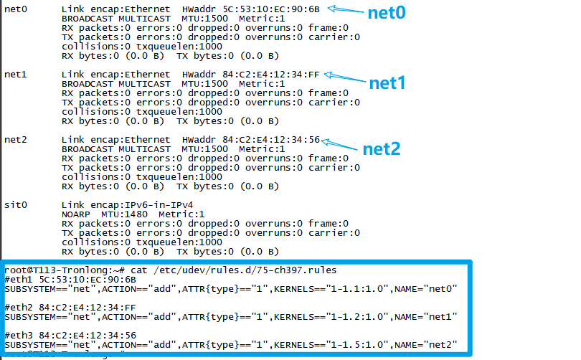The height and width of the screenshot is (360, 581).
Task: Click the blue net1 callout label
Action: point(387,82)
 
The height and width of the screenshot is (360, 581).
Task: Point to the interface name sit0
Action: point(16,204)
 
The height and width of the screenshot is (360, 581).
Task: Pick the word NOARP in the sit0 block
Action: point(77,214)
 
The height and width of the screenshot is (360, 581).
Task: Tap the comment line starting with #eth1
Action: point(70,279)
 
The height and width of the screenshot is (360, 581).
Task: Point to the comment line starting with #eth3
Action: point(70,335)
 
